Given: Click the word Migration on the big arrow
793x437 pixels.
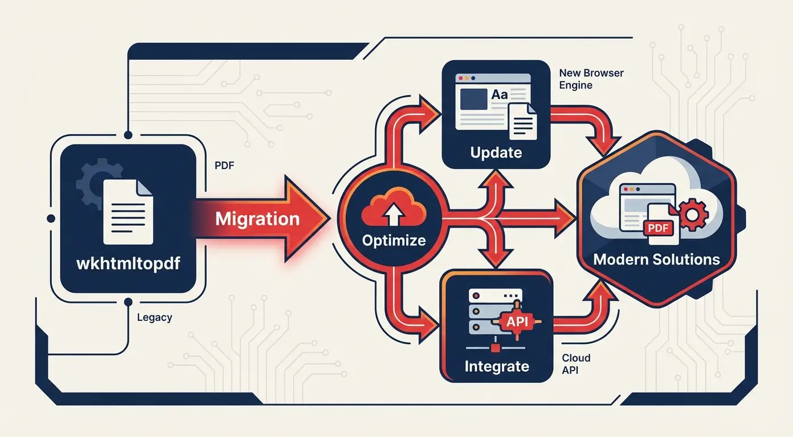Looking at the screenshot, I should [x=257, y=219].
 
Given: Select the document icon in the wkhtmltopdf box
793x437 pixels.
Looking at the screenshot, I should [x=128, y=211].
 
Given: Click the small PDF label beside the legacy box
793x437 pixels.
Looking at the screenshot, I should [x=224, y=166].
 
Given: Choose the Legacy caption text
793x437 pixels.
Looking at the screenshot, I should [x=154, y=318].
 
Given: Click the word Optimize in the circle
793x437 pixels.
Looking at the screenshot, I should [x=394, y=240].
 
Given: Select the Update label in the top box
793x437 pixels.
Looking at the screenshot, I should [x=496, y=152].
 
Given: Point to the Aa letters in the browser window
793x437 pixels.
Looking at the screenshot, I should [x=499, y=95].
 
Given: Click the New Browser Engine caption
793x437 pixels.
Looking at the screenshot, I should [x=591, y=79].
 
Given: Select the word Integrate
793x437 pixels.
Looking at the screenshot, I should [x=497, y=366].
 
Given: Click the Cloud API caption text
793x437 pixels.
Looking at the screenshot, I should [x=575, y=364].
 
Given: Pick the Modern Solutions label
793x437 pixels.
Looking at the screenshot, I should [x=656, y=260].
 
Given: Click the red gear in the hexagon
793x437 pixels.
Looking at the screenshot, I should [x=692, y=215].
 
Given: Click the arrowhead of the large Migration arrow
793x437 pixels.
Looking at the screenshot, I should [x=310, y=219].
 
